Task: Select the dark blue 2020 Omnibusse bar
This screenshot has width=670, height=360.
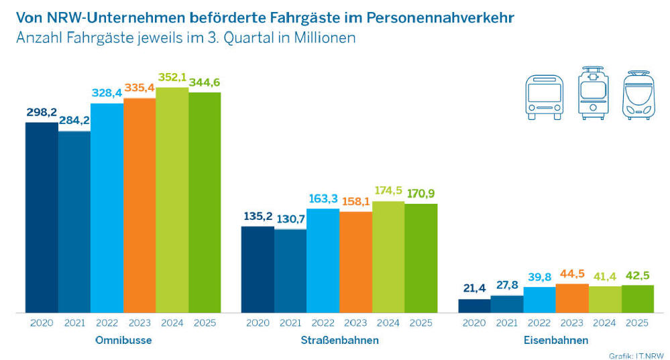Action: pyautogui.click(x=42, y=217)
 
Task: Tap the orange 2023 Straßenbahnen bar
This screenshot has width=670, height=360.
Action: pyautogui.click(x=355, y=262)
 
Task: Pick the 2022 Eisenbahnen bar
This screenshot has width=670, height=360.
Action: pyautogui.click(x=540, y=300)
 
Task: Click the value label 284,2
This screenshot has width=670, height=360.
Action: pyautogui.click(x=74, y=121)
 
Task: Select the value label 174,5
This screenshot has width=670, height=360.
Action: pyautogui.click(x=388, y=191)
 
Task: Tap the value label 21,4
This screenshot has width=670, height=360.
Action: pyautogui.click(x=474, y=288)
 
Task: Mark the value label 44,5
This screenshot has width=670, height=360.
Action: pyautogui.click(x=572, y=273)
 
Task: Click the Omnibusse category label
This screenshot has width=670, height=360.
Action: pyautogui.click(x=123, y=340)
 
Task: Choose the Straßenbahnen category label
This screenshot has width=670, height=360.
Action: pyautogui.click(x=339, y=340)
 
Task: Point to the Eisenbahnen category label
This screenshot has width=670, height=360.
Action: pyautogui.click(x=555, y=340)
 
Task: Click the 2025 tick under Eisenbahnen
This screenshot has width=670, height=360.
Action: pyautogui.click(x=637, y=323)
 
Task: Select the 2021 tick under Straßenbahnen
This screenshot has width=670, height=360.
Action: pyautogui.click(x=290, y=323)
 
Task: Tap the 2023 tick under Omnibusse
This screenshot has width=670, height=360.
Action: pyautogui.click(x=139, y=323)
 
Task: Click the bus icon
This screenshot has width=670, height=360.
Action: pyautogui.click(x=544, y=97)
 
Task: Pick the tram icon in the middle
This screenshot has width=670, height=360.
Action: pyautogui.click(x=594, y=93)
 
